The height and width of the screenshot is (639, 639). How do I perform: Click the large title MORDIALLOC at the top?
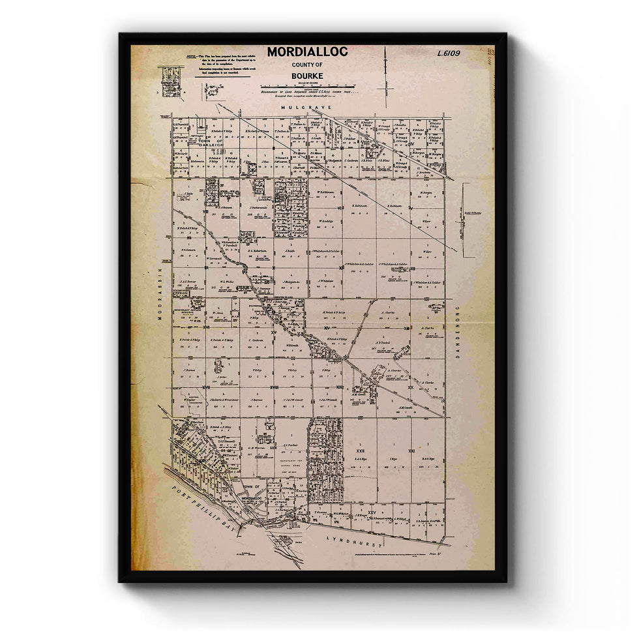coord(307,52)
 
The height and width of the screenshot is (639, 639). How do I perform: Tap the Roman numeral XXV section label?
coord(371,513)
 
